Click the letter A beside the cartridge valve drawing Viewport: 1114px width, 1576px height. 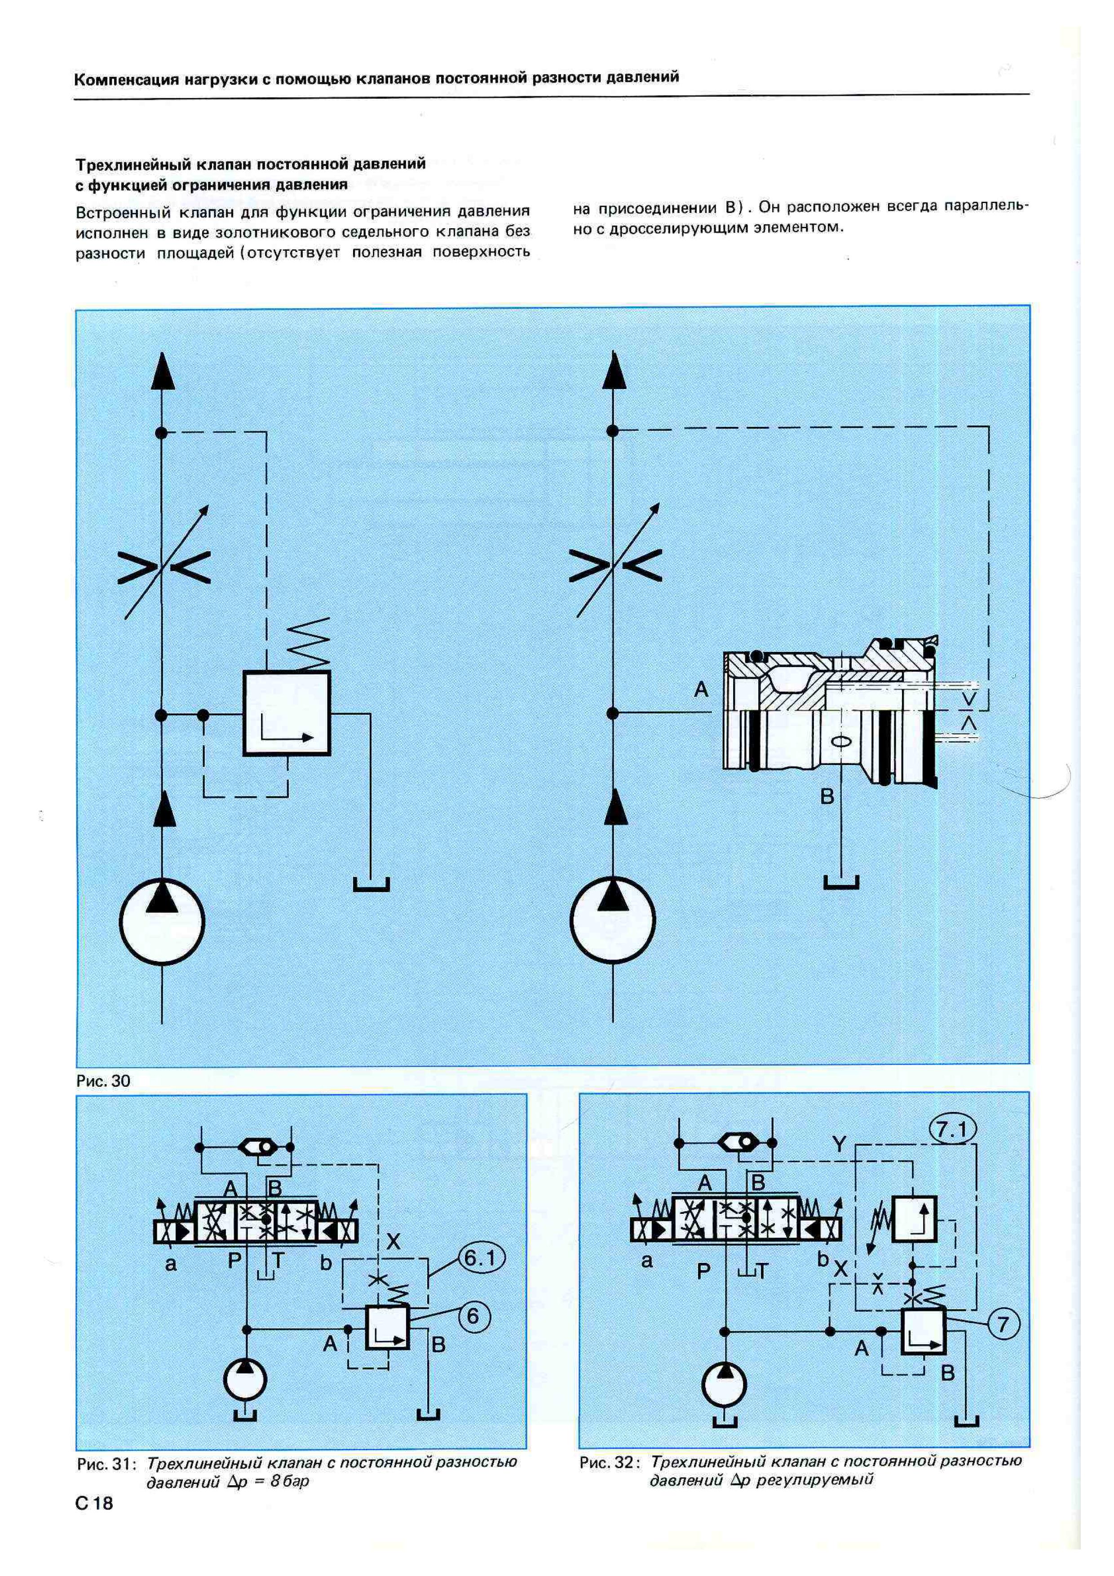(x=701, y=689)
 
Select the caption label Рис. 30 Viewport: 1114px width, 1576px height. (x=103, y=1081)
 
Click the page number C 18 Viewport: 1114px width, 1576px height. (x=94, y=1503)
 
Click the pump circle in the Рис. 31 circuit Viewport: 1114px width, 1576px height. (x=247, y=1381)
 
